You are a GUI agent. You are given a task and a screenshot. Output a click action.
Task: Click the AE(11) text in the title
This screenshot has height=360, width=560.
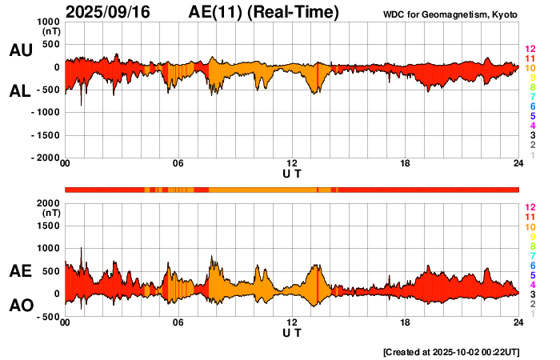216,12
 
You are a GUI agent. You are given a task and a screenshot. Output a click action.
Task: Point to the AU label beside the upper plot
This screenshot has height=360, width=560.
21,50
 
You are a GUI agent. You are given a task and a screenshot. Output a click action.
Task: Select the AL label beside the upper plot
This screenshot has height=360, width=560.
20,91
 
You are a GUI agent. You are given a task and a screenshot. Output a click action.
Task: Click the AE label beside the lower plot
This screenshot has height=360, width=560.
21,271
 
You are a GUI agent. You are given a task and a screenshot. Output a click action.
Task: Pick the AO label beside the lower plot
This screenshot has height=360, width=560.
21,306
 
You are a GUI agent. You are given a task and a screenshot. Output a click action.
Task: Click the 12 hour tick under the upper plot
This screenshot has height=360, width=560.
292,164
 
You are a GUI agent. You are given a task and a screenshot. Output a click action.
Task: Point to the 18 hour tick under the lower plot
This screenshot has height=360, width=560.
406,323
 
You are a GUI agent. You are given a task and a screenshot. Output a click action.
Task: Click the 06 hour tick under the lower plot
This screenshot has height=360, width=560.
178,323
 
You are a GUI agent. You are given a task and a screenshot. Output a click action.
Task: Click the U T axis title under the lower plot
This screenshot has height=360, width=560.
292,332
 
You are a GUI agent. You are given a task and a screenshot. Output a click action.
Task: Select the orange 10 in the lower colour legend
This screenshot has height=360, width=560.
529,226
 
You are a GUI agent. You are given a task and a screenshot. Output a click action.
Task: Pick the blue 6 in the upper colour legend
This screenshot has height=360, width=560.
531,106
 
